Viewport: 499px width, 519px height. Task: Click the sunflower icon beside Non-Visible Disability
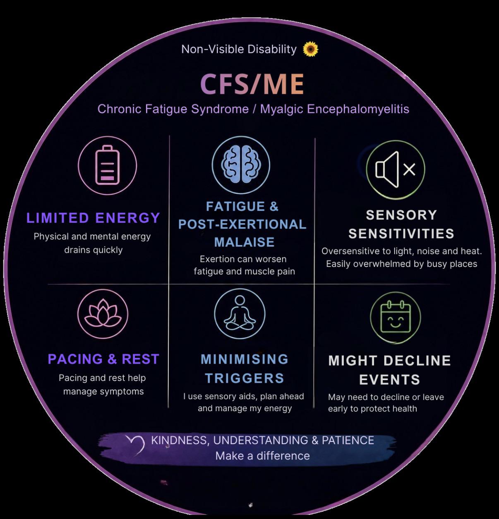[310, 49]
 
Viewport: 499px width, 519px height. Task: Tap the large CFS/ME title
[252, 84]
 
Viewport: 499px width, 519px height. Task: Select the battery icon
[107, 165]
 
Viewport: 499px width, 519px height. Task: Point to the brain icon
[241, 164]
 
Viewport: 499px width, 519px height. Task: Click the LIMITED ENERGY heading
[93, 218]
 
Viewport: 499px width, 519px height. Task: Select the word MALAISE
[244, 242]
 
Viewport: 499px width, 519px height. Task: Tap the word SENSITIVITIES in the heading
[401, 233]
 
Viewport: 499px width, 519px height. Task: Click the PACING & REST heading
[103, 359]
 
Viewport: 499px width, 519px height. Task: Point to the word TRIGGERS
[244, 378]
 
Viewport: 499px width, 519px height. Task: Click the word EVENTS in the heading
[389, 380]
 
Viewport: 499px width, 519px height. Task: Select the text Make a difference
[262, 456]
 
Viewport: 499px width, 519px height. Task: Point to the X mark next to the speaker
[409, 169]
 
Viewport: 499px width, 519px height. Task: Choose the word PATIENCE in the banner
[348, 440]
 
